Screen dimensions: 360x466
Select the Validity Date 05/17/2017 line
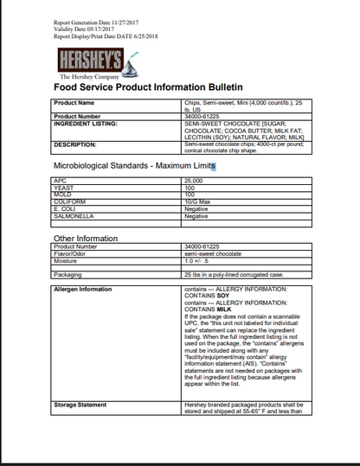click(84, 29)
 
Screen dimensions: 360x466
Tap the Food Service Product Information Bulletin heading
click(148, 87)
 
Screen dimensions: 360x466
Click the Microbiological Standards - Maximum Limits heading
click(133, 165)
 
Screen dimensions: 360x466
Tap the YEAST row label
click(64, 187)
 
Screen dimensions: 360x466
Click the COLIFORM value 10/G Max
click(197, 201)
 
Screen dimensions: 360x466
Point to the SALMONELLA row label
click(74, 215)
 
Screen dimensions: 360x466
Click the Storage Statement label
click(80, 404)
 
